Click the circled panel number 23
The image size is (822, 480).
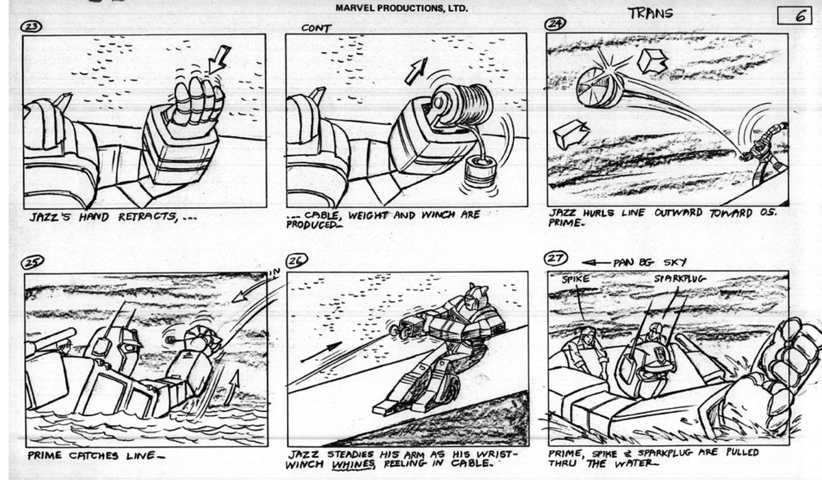tap(32, 26)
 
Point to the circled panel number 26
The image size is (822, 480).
tap(297, 261)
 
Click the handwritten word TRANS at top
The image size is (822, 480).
tap(649, 14)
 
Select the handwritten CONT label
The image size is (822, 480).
tap(316, 28)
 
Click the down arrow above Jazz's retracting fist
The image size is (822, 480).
tap(219, 59)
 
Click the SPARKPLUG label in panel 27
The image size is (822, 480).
tap(678, 279)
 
